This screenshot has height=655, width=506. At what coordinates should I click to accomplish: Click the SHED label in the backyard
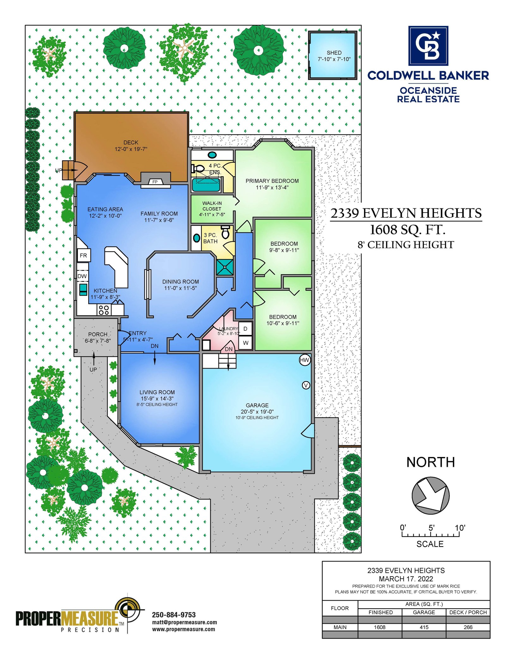334,53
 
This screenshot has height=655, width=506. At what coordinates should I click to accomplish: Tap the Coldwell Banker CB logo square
428,46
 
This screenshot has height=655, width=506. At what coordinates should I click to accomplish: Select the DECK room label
131,143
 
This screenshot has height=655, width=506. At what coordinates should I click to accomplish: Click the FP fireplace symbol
155,182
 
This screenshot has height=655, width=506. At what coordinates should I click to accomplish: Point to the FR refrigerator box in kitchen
84,256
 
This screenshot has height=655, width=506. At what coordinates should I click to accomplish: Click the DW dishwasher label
82,276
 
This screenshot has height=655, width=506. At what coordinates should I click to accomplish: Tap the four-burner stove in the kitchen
104,310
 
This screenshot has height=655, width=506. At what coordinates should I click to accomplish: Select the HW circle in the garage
305,360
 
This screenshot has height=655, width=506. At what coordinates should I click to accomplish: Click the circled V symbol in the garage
306,385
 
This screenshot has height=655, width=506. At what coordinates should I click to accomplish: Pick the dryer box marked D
245,329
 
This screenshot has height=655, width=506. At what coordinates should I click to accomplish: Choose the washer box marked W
245,343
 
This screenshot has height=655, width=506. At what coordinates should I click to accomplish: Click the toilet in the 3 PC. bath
225,232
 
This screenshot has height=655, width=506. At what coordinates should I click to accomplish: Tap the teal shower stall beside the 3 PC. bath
225,267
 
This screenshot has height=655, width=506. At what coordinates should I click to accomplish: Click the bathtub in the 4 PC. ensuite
206,185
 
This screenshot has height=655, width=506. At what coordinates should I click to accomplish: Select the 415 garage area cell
424,627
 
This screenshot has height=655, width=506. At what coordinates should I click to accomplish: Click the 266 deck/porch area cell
468,627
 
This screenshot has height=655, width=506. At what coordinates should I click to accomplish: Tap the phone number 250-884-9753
174,615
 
